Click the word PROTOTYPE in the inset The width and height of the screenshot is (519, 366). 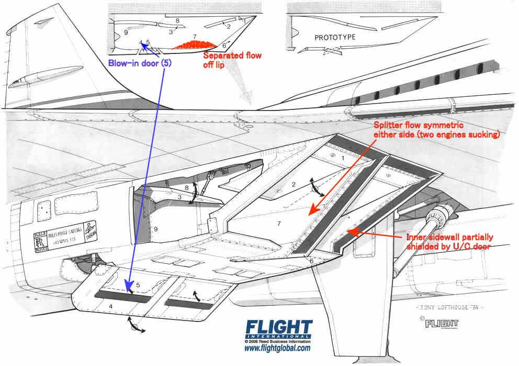click(x=335, y=38)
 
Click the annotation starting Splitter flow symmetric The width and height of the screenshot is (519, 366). click(x=436, y=130)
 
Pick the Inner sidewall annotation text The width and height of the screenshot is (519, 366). click(x=449, y=241)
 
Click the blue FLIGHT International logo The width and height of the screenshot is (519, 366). click(x=277, y=328)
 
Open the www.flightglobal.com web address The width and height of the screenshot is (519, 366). click(x=277, y=348)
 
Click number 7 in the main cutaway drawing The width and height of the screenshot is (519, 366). click(x=279, y=224)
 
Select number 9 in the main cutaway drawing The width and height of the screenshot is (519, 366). click(x=155, y=229)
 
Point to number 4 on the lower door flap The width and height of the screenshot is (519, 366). click(x=110, y=305)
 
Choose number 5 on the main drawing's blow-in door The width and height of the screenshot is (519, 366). click(x=138, y=285)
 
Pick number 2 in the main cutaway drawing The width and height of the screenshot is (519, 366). click(x=294, y=184)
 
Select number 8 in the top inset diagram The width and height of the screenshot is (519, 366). click(x=178, y=21)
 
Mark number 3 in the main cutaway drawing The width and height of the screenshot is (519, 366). click(x=178, y=197)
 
